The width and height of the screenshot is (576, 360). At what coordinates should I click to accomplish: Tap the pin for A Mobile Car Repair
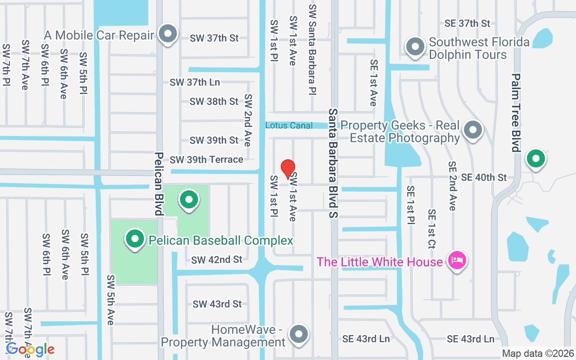[x=168, y=34]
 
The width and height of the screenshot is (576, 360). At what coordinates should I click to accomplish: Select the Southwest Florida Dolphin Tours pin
[x=415, y=46]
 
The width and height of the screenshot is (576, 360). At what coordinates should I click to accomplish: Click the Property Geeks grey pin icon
[x=473, y=130]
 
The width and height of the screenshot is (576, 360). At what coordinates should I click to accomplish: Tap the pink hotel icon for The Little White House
[x=457, y=261]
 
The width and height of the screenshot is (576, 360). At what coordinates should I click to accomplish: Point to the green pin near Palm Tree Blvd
[x=536, y=158]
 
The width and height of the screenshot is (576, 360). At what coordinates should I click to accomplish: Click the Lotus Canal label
[x=289, y=126]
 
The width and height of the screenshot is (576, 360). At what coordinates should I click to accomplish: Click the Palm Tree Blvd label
[x=516, y=112]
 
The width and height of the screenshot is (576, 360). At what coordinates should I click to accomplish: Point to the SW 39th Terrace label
[x=207, y=159]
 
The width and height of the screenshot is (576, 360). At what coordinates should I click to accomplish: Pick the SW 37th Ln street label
[x=195, y=82]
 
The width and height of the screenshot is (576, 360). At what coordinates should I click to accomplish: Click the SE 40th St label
[x=484, y=177]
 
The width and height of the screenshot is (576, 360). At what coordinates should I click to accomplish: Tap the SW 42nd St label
[x=217, y=260]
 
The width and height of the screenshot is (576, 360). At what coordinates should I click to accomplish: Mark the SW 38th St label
[x=214, y=102]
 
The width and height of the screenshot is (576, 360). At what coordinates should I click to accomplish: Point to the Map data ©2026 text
[x=538, y=354]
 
